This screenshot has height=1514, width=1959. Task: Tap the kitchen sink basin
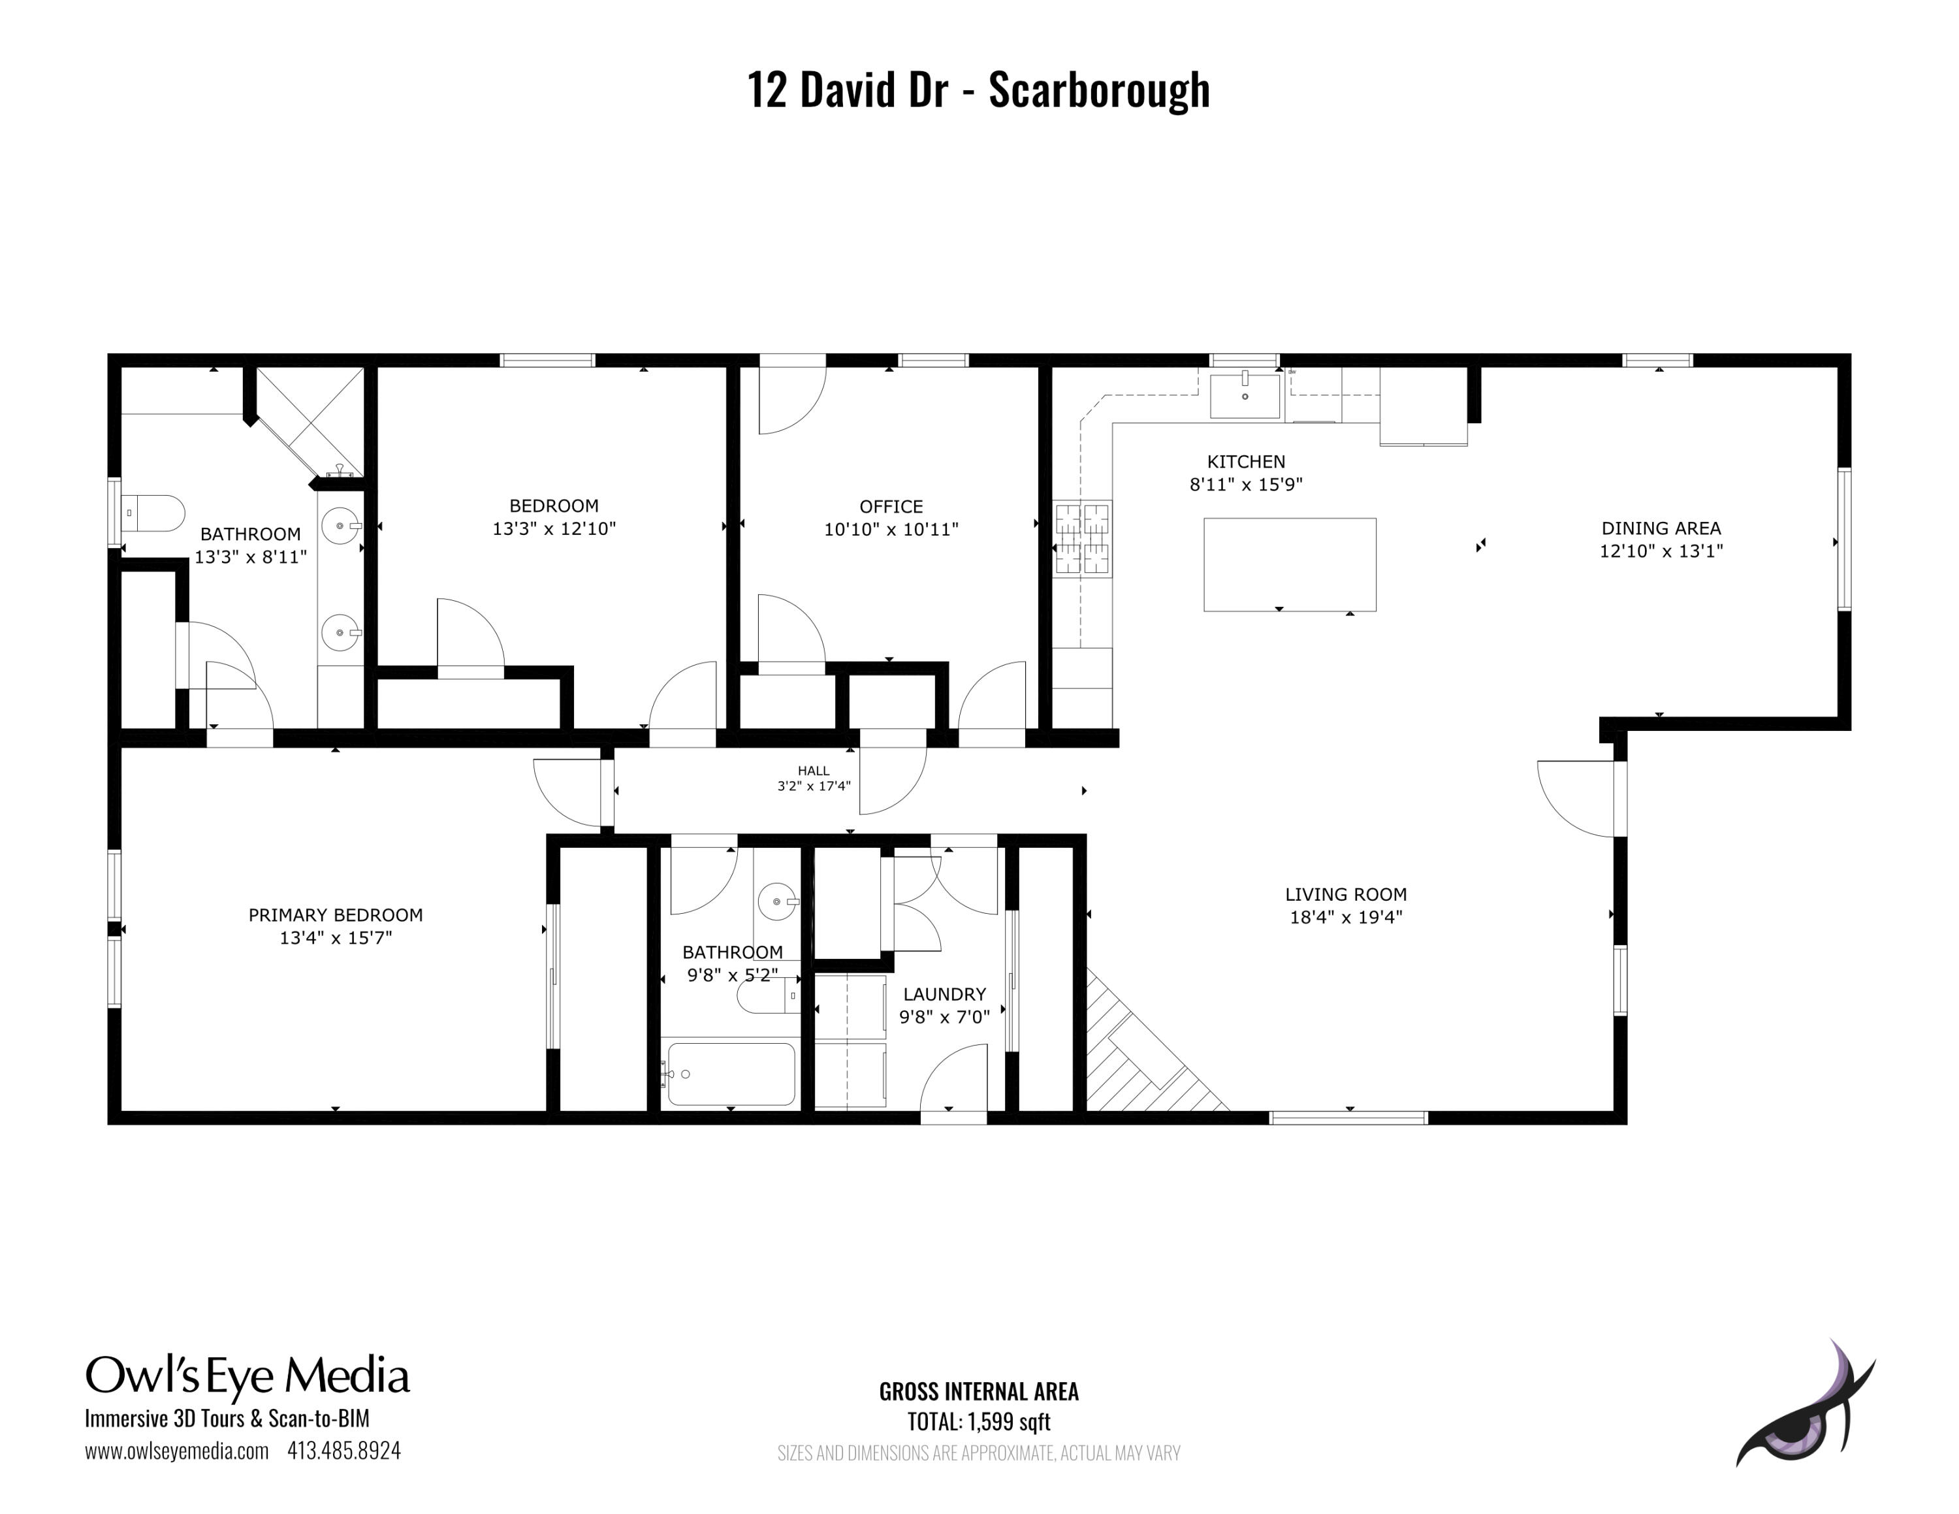click(1244, 396)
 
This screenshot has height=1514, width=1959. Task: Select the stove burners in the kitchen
click(1083, 538)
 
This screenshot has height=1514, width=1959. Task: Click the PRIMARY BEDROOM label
click(336, 915)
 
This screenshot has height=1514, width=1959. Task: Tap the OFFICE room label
click(891, 507)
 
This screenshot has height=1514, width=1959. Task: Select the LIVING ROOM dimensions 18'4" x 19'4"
click(1345, 916)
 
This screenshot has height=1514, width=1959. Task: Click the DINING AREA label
click(1661, 528)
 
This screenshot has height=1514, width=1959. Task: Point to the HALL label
click(814, 771)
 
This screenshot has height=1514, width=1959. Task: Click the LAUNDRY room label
click(944, 994)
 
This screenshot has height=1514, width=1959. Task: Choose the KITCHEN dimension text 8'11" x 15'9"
click(1246, 485)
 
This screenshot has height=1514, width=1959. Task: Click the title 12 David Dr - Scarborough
click(979, 89)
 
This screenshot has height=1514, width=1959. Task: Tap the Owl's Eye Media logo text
click(247, 1375)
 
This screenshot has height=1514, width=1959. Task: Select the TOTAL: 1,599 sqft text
click(979, 1422)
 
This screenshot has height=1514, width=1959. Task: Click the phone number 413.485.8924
click(343, 1451)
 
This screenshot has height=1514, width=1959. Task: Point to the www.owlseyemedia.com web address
click(177, 1451)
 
